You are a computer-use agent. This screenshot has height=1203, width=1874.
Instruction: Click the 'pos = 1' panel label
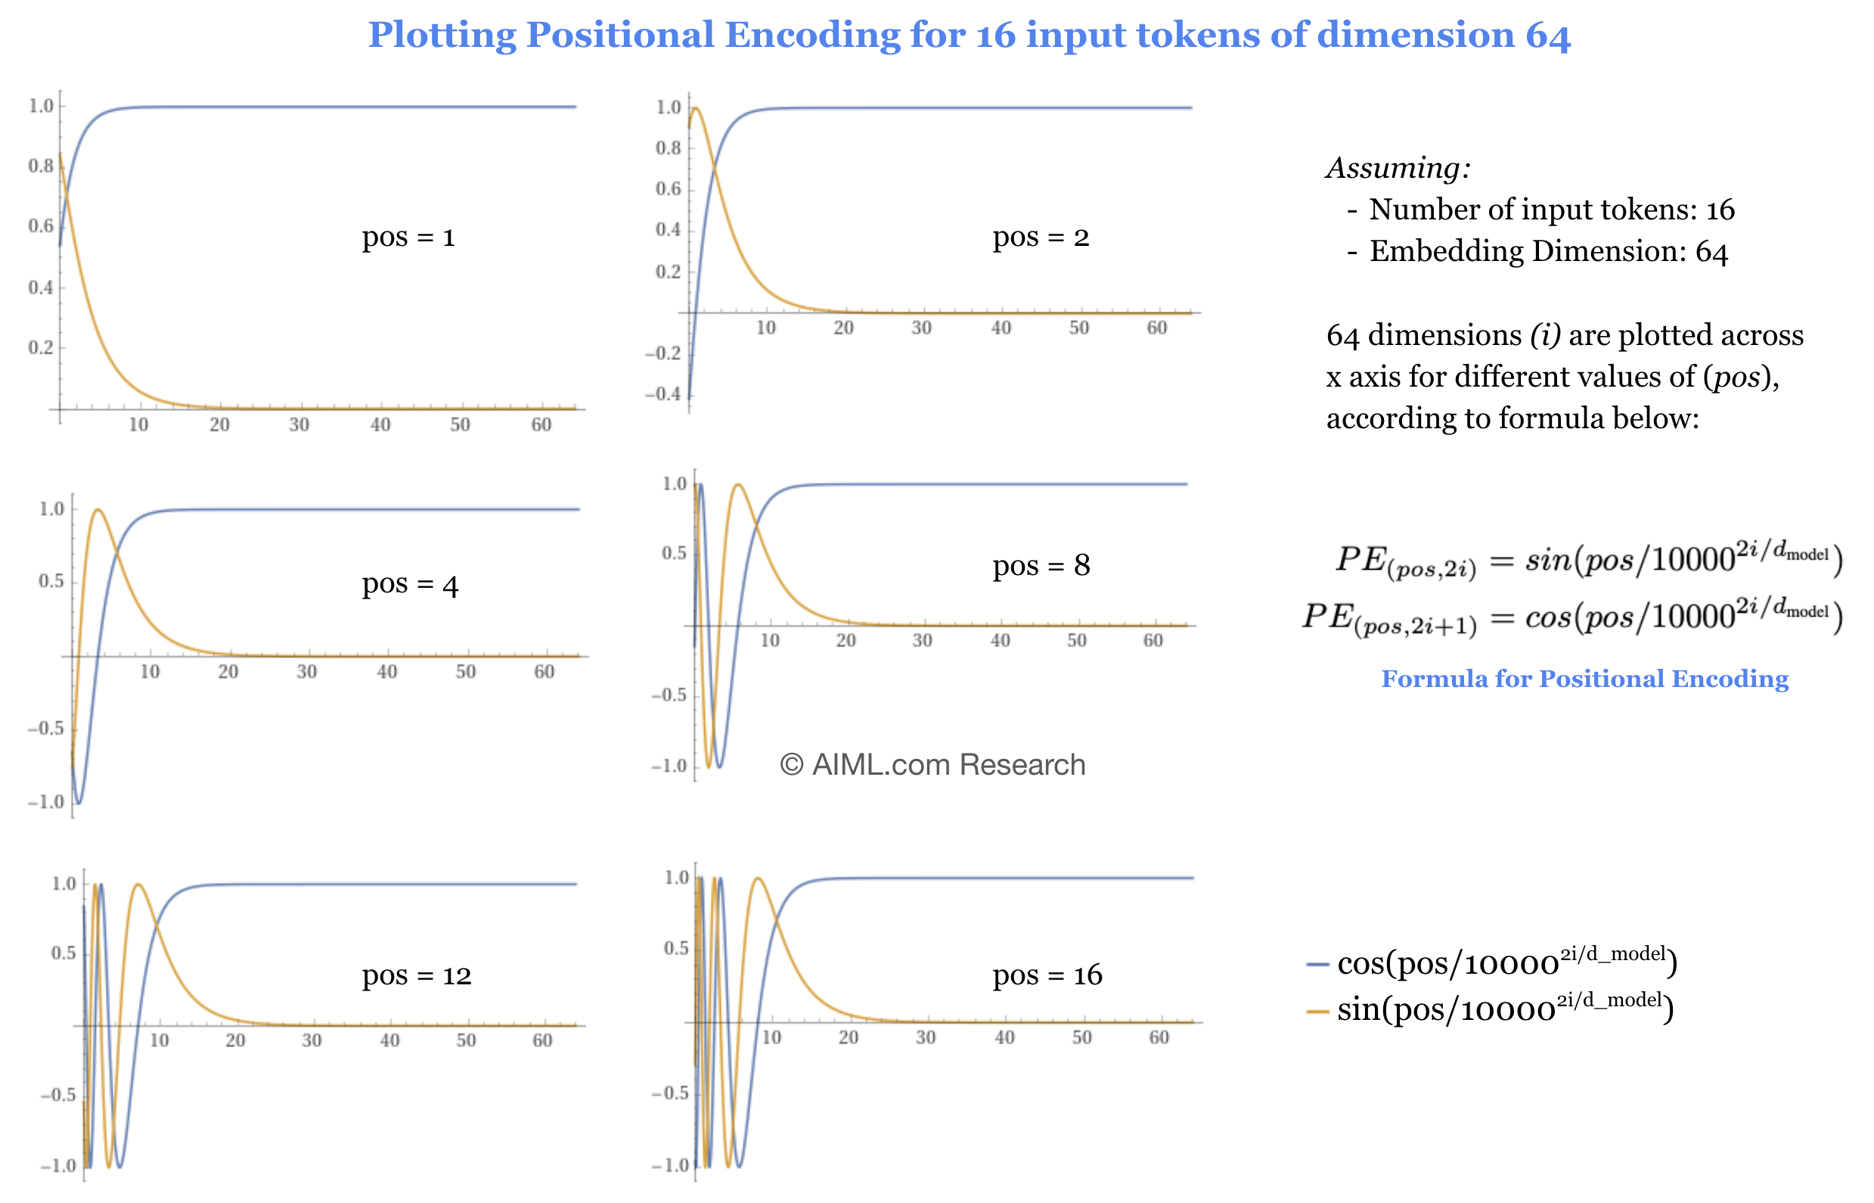click(x=408, y=237)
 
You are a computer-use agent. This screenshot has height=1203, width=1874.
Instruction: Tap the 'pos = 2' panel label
click(x=1040, y=237)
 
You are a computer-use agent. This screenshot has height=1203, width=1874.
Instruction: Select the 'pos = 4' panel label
click(x=410, y=584)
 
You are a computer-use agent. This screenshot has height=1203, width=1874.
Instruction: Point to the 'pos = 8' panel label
click(x=1041, y=564)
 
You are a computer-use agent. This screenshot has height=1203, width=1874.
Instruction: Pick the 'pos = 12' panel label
click(x=416, y=975)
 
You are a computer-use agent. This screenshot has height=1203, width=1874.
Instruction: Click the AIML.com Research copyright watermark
click(x=932, y=764)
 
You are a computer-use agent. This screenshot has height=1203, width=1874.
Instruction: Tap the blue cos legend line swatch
click(x=1317, y=965)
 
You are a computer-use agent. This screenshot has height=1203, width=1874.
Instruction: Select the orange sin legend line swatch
click(x=1317, y=1011)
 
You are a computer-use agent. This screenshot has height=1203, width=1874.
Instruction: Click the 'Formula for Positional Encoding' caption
click(x=1584, y=679)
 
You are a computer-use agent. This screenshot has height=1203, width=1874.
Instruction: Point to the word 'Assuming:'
click(x=1398, y=168)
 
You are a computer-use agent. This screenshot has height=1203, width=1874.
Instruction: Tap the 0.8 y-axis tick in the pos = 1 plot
click(x=41, y=166)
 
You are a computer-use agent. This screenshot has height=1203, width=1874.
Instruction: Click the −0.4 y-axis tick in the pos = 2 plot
click(x=663, y=393)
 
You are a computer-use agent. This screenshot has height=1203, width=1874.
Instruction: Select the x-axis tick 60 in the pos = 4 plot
click(x=545, y=672)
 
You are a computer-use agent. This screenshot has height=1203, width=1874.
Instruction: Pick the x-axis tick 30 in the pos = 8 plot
click(x=922, y=641)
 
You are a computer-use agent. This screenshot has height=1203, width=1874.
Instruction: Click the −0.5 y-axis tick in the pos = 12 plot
click(x=57, y=1094)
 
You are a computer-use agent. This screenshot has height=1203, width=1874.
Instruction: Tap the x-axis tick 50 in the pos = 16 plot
click(x=1081, y=1037)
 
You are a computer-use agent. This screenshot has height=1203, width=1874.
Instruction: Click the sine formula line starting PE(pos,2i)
click(x=1589, y=560)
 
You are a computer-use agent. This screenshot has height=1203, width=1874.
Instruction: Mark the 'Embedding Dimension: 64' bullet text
click(x=1548, y=251)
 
